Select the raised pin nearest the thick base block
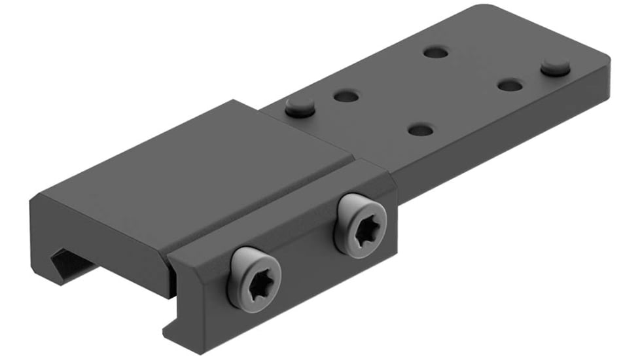point(299,107)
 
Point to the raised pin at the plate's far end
point(556,66)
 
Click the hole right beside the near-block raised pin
point(346,96)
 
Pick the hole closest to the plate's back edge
point(435,52)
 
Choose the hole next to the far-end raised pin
point(509,85)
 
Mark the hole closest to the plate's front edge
point(421,130)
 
